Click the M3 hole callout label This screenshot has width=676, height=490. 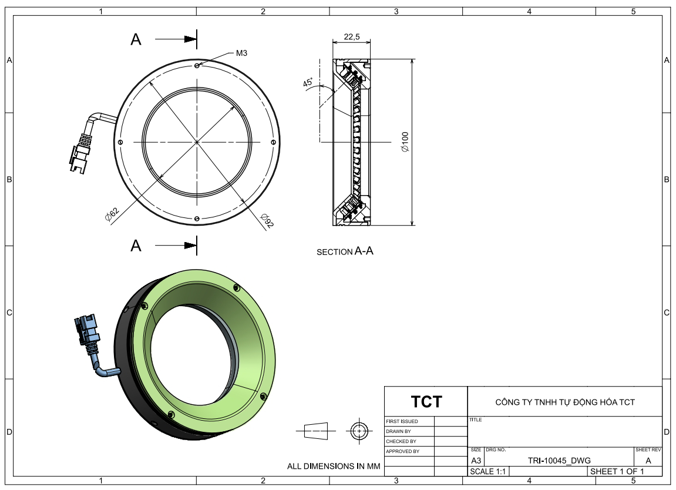[x=241, y=53]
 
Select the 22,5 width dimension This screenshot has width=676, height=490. [x=352, y=36]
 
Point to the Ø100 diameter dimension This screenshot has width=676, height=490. [x=405, y=142]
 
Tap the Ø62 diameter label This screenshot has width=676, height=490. [x=112, y=214]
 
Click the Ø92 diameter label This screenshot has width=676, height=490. [x=267, y=220]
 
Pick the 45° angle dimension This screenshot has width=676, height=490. [x=308, y=82]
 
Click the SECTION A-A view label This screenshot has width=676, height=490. [x=345, y=251]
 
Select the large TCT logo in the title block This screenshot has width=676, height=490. [x=426, y=401]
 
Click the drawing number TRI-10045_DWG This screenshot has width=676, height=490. [x=559, y=461]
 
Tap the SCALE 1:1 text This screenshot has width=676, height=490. [x=487, y=471]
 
